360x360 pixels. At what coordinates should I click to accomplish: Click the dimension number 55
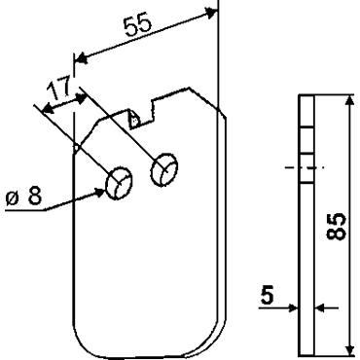click(x=138, y=24)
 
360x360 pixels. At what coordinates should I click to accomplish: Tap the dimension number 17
click(x=59, y=88)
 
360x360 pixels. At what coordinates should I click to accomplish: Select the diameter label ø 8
click(x=24, y=196)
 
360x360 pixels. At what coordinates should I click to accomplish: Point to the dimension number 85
click(x=335, y=227)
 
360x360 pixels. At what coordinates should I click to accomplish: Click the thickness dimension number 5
click(x=268, y=296)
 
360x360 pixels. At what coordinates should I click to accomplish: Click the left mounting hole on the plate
click(x=119, y=183)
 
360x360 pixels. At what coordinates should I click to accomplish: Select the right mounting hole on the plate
click(x=164, y=169)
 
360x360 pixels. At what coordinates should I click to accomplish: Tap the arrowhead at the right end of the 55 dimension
click(x=212, y=13)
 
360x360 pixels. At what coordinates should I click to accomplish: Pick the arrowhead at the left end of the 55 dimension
click(x=81, y=59)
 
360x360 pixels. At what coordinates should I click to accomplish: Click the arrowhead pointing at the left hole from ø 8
click(x=99, y=193)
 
